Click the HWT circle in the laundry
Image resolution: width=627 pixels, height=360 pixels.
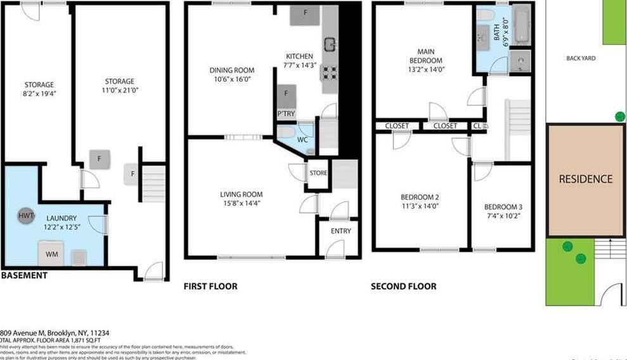click(x=26, y=216)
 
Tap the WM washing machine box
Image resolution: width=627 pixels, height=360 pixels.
click(x=50, y=254)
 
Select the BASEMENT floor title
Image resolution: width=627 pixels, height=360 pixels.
click(x=24, y=275)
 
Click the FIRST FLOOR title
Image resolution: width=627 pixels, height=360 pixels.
click(x=210, y=286)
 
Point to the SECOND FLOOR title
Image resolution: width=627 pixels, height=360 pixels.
click(x=403, y=286)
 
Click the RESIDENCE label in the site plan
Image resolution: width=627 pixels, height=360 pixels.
click(x=585, y=179)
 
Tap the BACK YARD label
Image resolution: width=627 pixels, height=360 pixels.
click(x=581, y=58)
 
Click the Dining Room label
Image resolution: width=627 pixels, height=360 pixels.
click(x=232, y=70)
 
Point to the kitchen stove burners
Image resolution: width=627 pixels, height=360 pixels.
click(x=330, y=72)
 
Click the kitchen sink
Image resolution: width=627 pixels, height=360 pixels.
click(x=330, y=44)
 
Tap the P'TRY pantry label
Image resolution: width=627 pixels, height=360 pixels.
click(x=286, y=114)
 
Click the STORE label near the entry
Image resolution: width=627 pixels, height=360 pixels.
click(x=318, y=172)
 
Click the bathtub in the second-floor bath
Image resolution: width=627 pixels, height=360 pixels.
click(x=521, y=25)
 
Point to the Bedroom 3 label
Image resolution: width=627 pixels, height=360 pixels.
click(x=503, y=207)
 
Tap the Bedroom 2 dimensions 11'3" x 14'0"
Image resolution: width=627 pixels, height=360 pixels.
click(x=418, y=205)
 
